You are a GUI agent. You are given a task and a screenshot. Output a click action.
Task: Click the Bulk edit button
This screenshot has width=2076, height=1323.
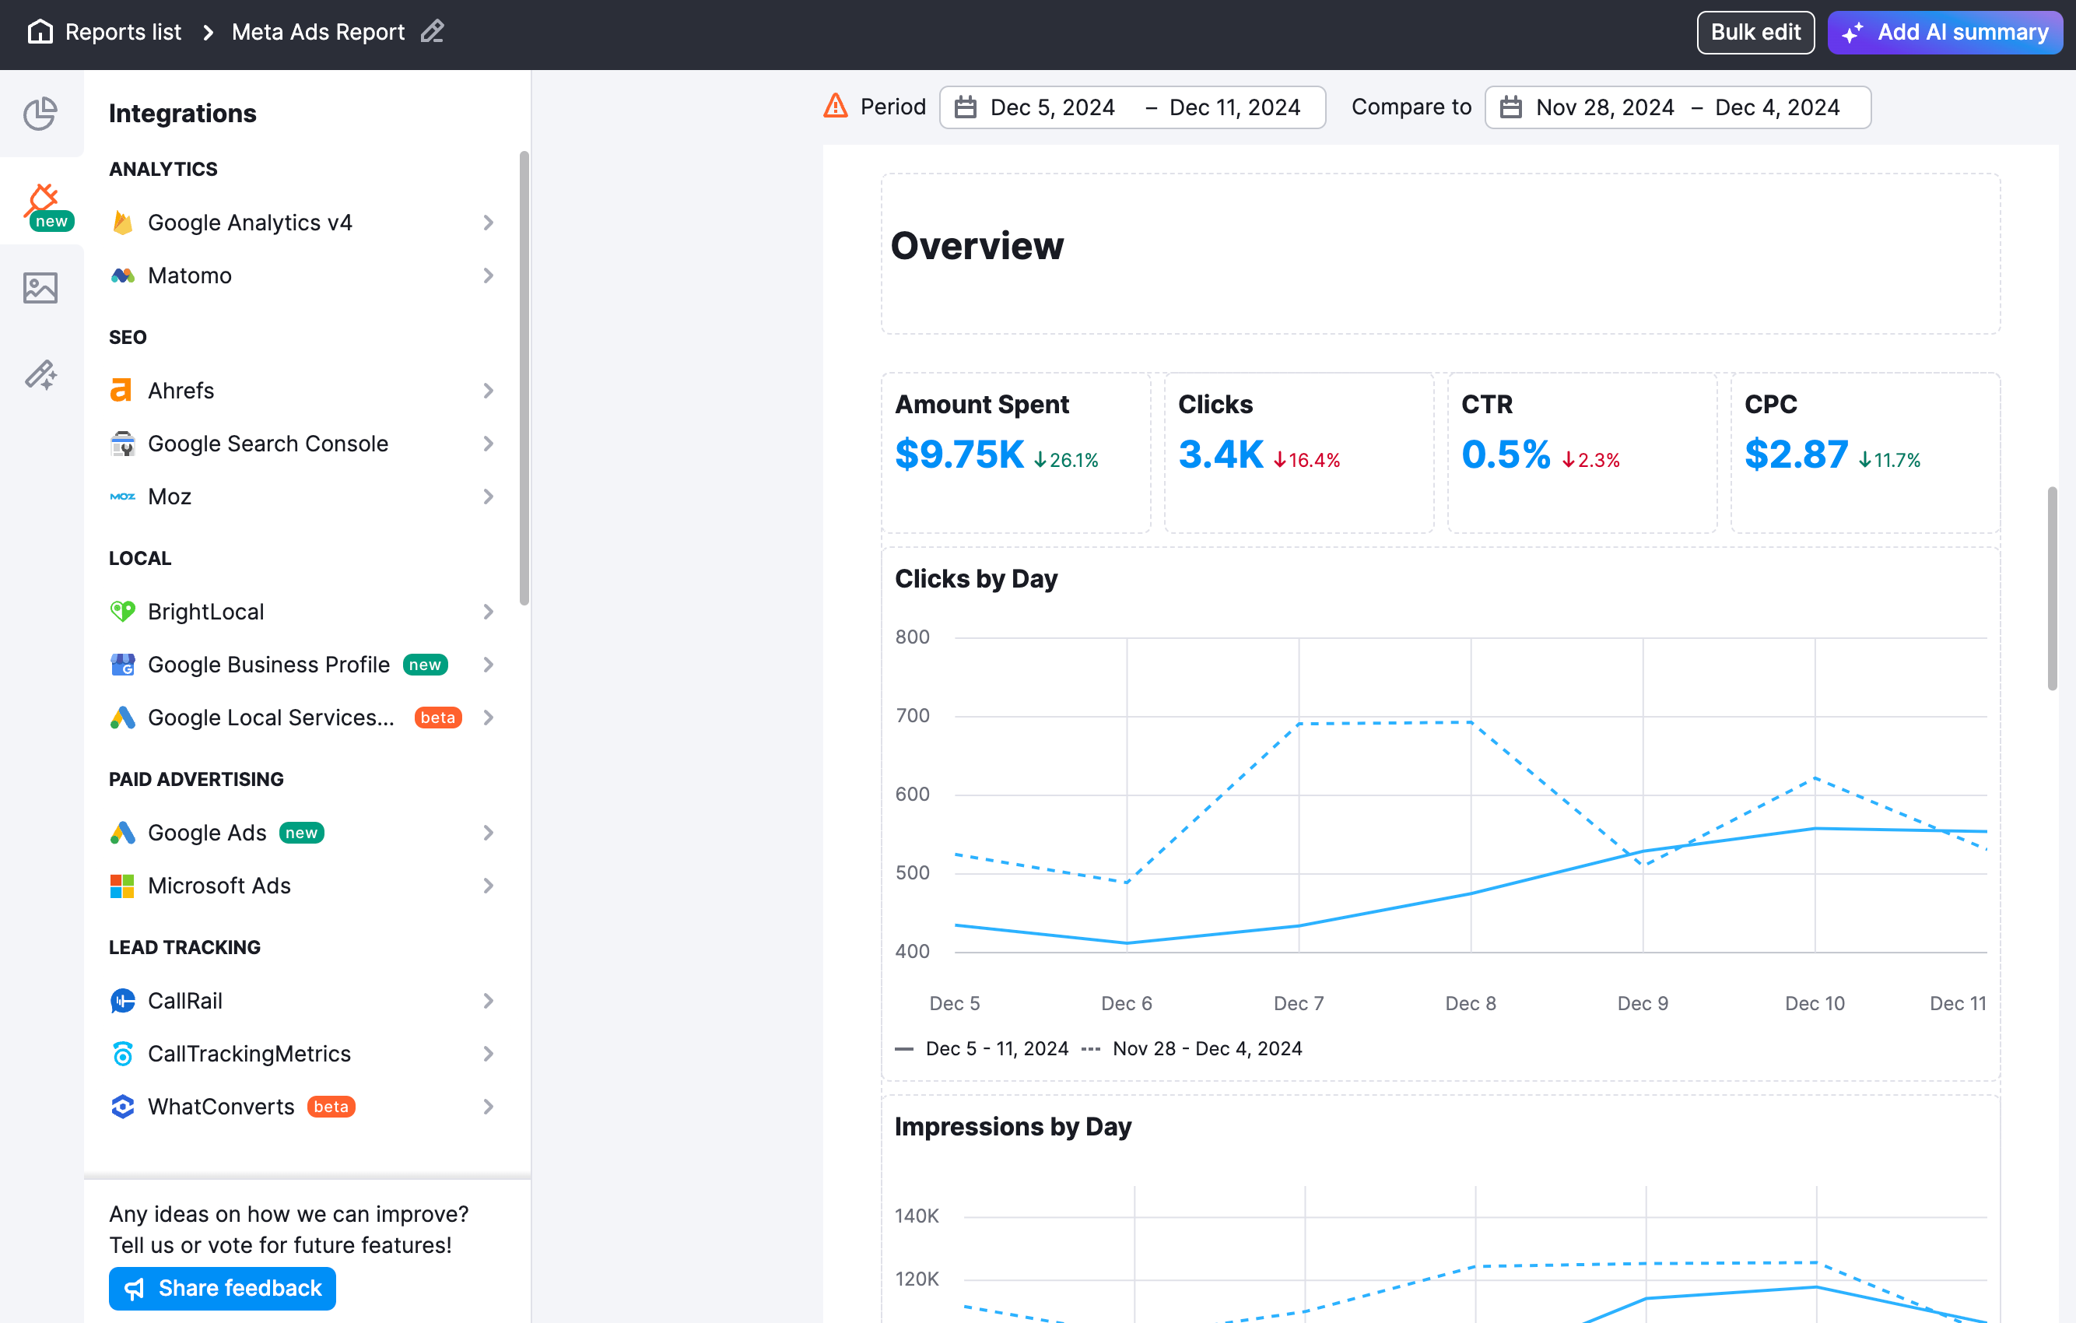pyautogui.click(x=1755, y=33)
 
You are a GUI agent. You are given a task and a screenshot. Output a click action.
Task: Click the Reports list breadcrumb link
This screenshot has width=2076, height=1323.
pyautogui.click(x=122, y=33)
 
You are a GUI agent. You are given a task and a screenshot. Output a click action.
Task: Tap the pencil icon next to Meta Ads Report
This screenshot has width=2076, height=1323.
pyautogui.click(x=432, y=33)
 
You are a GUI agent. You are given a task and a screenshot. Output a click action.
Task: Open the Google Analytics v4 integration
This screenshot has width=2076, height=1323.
pyautogui.click(x=250, y=223)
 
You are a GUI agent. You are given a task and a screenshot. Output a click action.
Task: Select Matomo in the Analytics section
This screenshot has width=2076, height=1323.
pyautogui.click(x=190, y=276)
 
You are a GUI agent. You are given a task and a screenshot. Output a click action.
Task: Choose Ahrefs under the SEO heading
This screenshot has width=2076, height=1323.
pyautogui.click(x=181, y=391)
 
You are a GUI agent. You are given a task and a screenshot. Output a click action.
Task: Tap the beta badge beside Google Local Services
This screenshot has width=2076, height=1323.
pyautogui.click(x=437, y=718)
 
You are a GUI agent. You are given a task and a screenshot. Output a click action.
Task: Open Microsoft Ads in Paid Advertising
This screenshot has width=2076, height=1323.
pyautogui.click(x=219, y=886)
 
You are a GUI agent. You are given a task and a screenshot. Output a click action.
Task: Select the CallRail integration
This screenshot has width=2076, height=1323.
pyautogui.click(x=184, y=1001)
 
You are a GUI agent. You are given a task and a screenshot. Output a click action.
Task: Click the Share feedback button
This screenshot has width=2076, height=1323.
pyautogui.click(x=223, y=1288)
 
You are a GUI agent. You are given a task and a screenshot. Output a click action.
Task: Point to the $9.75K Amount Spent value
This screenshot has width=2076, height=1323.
pyautogui.click(x=959, y=454)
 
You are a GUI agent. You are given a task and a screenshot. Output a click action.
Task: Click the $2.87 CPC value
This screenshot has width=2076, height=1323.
pyautogui.click(x=1796, y=454)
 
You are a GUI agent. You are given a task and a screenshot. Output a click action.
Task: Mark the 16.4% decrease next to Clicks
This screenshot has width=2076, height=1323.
pyautogui.click(x=1307, y=461)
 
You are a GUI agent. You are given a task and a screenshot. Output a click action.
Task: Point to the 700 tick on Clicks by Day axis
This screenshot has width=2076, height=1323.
pyautogui.click(x=912, y=716)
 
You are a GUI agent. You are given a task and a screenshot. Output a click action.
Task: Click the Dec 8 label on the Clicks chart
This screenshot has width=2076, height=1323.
pyautogui.click(x=1470, y=1003)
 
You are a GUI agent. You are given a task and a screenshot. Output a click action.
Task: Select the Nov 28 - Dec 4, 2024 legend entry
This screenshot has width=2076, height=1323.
pyautogui.click(x=1206, y=1049)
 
